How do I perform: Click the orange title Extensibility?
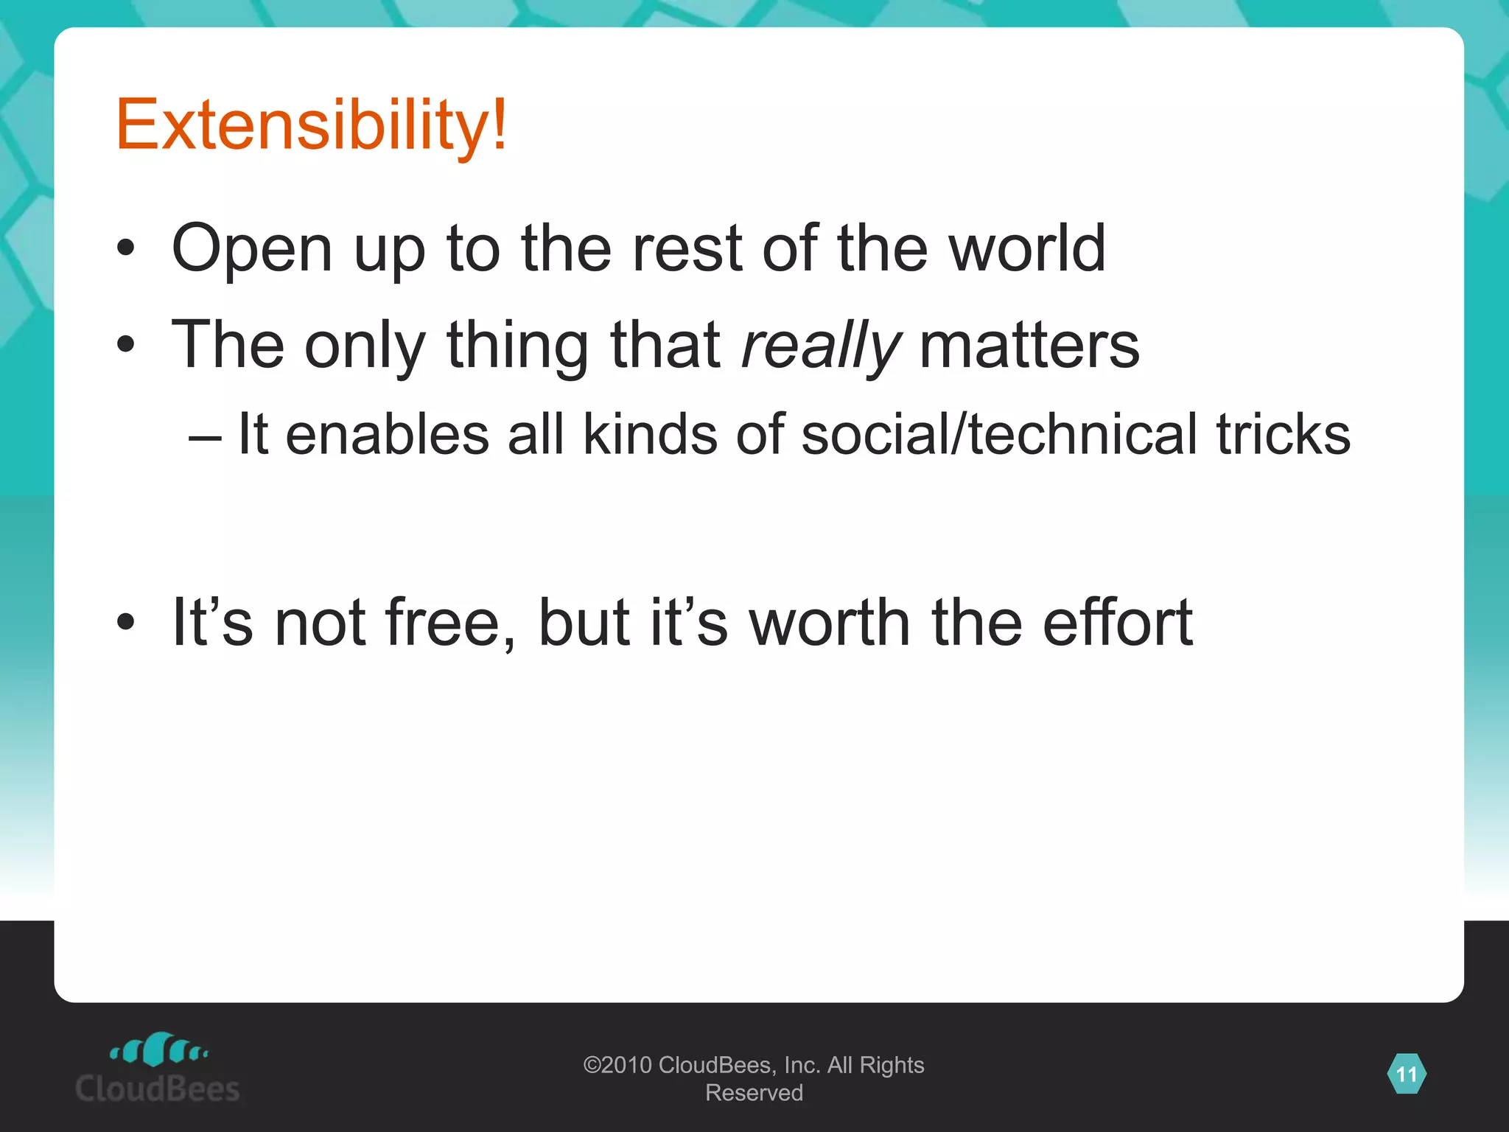pos(311,125)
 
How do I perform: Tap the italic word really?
pos(821,345)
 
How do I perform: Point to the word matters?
pos(1029,345)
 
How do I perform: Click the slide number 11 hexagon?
pos(1406,1075)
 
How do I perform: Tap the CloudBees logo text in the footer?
pos(158,1089)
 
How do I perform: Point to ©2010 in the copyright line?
pos(617,1065)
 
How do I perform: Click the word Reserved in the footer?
pos(754,1093)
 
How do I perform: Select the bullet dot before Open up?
pos(126,248)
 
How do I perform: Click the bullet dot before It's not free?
pos(126,623)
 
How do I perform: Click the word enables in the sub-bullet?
pos(387,434)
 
